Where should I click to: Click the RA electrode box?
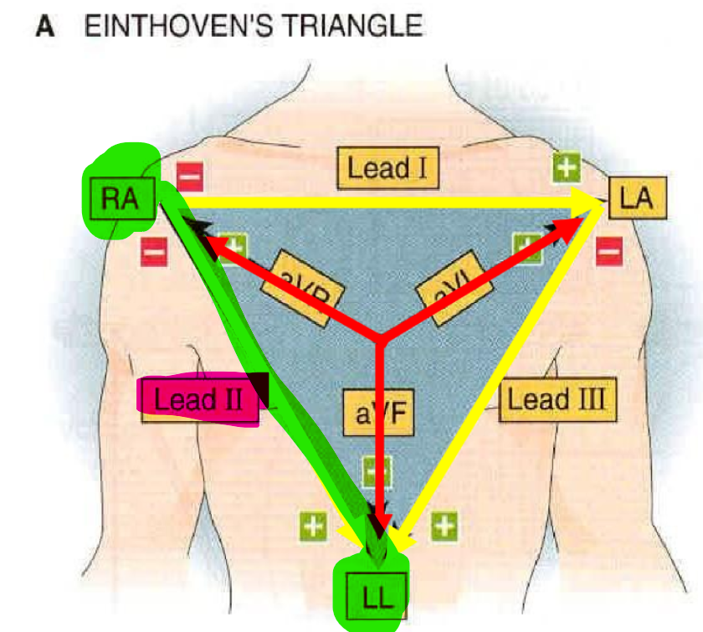pos(120,198)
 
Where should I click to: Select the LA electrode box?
pos(638,199)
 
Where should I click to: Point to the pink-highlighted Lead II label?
pos(198,399)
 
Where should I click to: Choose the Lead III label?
pos(557,399)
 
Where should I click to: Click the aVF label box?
pos(378,413)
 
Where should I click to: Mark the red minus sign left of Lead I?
pos(189,177)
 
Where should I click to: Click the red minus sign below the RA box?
pos(154,249)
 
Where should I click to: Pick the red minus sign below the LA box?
pos(609,249)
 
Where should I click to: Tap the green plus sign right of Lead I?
pos(567,167)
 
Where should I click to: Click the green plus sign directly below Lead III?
pos(444,526)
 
